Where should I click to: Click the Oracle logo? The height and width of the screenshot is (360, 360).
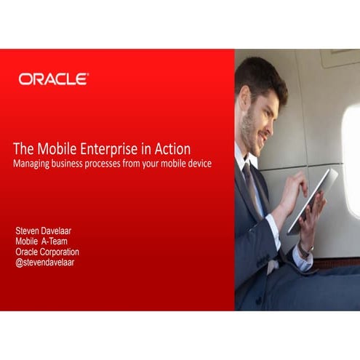[54, 79]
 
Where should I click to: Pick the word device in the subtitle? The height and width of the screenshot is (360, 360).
[198, 164]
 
